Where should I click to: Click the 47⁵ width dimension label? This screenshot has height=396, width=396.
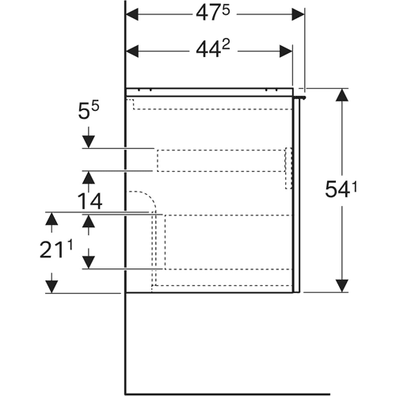point(213,13)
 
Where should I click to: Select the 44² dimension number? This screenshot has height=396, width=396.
point(213,49)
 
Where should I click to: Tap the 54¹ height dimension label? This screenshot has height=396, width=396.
point(341,189)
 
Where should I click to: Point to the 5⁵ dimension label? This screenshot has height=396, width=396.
point(89,111)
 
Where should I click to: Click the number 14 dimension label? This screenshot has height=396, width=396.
point(90,201)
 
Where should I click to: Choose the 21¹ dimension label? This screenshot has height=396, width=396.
point(56,249)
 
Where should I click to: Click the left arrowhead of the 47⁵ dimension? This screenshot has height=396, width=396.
point(132,14)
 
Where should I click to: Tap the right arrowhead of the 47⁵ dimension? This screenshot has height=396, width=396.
point(298,14)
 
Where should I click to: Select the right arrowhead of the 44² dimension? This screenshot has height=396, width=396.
point(286,51)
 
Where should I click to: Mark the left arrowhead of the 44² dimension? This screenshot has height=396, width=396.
point(132,51)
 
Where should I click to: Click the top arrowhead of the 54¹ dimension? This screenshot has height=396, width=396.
point(342,95)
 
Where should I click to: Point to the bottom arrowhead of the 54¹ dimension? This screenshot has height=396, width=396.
point(342,286)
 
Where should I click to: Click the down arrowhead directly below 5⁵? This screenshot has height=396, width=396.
point(89,142)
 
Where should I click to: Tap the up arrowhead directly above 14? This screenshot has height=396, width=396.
point(89,177)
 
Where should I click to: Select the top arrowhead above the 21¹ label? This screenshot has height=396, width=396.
point(51,219)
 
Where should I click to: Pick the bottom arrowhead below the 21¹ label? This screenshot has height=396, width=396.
point(51,287)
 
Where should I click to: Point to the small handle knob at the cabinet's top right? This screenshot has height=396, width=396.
point(302,97)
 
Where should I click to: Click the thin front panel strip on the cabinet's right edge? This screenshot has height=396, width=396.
point(296,196)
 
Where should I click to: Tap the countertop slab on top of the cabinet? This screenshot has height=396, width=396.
point(210,92)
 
